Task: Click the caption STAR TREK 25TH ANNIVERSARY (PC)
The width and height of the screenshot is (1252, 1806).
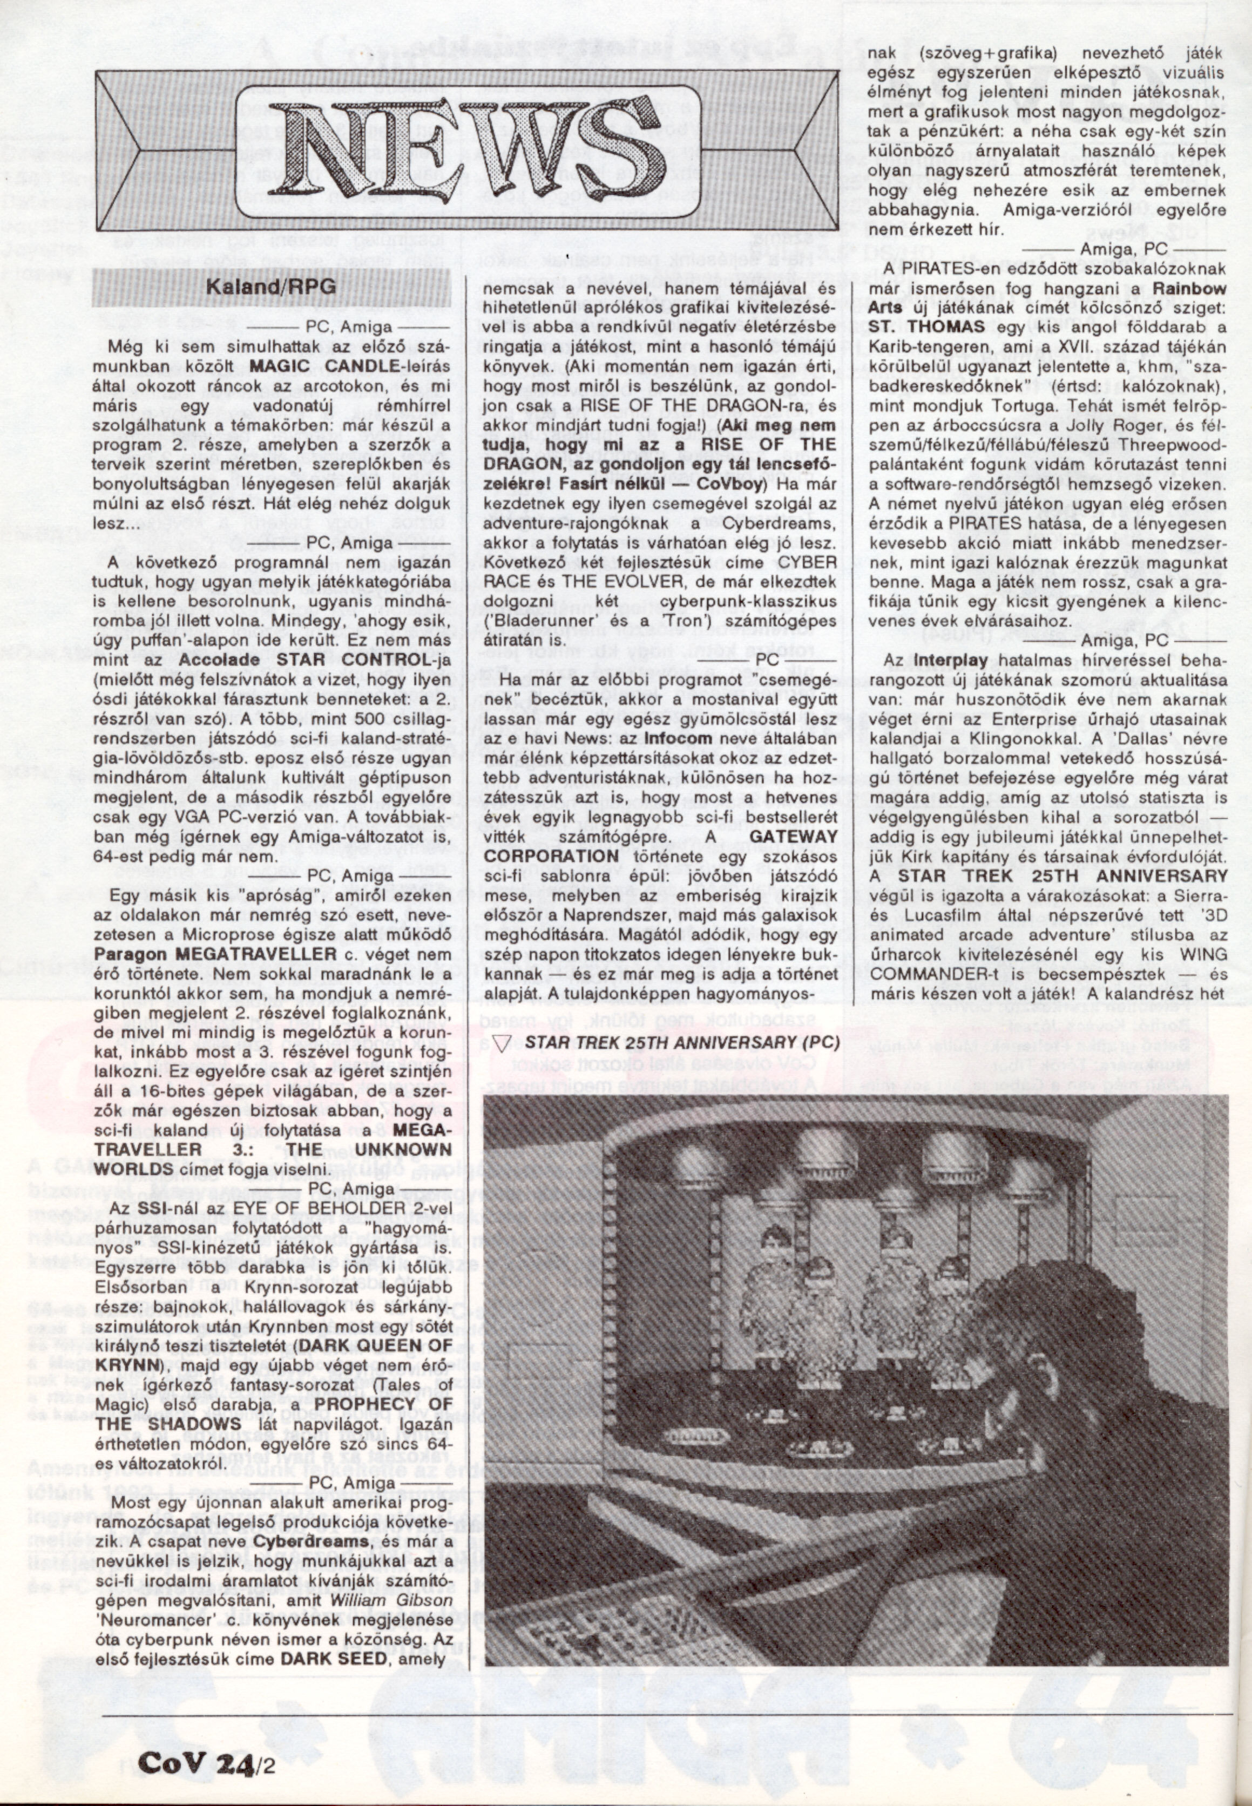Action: tap(682, 1042)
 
